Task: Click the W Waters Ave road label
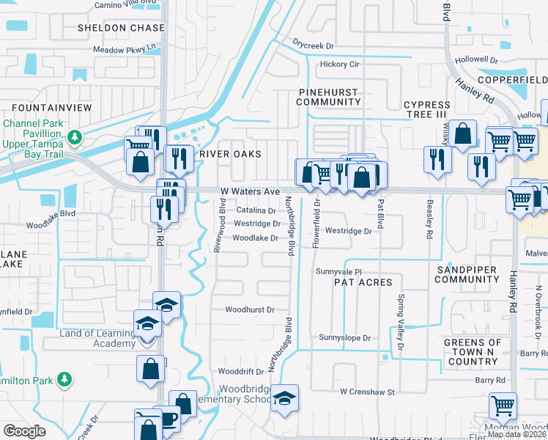pyautogui.click(x=251, y=191)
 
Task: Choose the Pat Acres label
pyautogui.click(x=358, y=282)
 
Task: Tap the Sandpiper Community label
pyautogui.click(x=466, y=274)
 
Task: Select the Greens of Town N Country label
pyautogui.click(x=473, y=352)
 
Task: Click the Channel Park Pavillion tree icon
pyautogui.click(x=74, y=137)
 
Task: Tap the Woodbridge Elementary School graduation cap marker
pyautogui.click(x=285, y=398)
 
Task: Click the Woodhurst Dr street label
pyautogui.click(x=250, y=310)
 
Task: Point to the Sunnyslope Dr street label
pyautogui.click(x=345, y=338)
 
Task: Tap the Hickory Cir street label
pyautogui.click(x=340, y=65)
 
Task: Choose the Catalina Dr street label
pyautogui.click(x=255, y=210)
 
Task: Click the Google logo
pyautogui.click(x=24, y=430)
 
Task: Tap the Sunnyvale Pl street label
pyautogui.click(x=339, y=271)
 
